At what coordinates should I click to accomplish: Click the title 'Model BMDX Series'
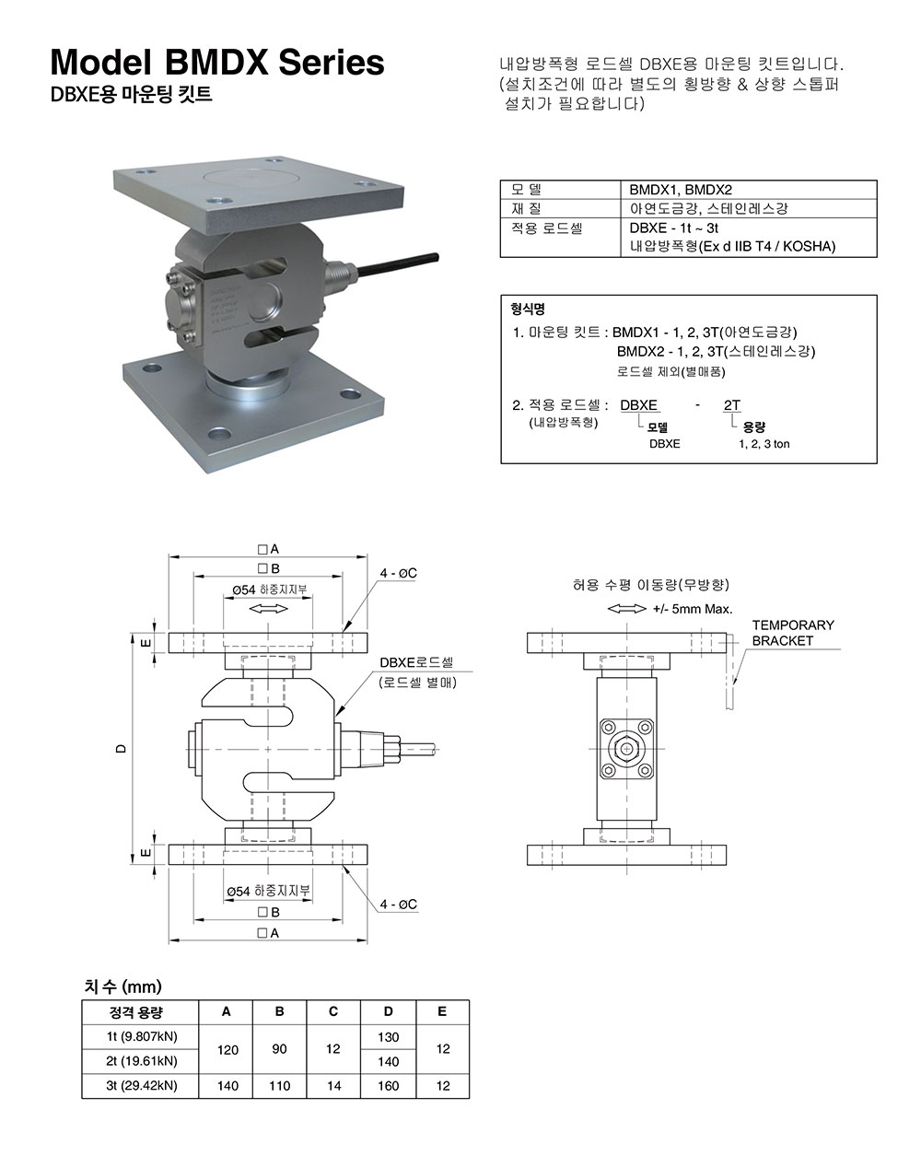217,62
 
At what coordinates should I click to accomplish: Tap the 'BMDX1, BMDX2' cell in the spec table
681,190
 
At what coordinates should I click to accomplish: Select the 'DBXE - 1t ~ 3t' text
674,228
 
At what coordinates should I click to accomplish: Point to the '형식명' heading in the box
528,309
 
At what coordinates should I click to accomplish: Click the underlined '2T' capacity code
732,404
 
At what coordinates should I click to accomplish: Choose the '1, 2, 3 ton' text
764,444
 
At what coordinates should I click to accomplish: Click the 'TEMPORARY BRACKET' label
792,632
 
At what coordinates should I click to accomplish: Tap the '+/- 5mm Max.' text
692,609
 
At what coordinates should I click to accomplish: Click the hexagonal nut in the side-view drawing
627,749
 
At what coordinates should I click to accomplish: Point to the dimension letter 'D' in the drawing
121,749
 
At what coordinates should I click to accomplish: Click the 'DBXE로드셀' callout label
416,662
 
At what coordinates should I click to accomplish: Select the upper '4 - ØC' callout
399,573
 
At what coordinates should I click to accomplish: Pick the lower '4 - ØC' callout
399,905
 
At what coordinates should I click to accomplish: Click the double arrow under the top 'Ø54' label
268,609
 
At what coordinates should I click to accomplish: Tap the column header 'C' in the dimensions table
333,1011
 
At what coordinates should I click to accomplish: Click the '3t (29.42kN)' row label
142,1085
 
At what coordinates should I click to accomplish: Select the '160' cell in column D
389,1086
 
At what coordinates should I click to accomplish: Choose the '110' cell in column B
280,1086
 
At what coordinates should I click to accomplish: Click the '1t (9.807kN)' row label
142,1036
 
